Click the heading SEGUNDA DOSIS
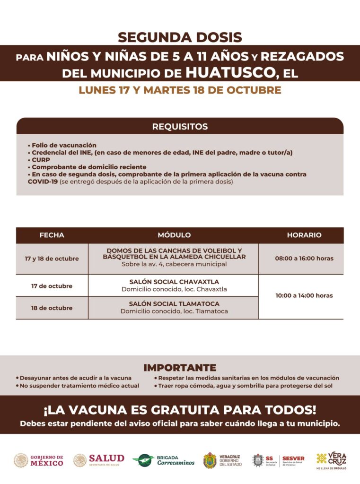tap(180, 37)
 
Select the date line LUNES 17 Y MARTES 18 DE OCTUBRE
tap(180, 90)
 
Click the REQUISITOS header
tap(180, 127)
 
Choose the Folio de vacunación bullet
tap(62, 146)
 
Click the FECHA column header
tap(52, 235)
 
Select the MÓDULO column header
tap(174, 235)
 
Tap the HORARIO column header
tap(304, 235)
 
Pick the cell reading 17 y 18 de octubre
tap(52, 259)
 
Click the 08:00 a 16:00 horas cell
tap(304, 259)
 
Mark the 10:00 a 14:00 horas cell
tap(304, 296)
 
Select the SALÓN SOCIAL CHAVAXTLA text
tap(174, 282)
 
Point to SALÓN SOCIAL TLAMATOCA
tap(174, 304)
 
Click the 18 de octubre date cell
tap(52, 308)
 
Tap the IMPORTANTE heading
tap(180, 368)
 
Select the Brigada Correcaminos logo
tap(164, 460)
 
